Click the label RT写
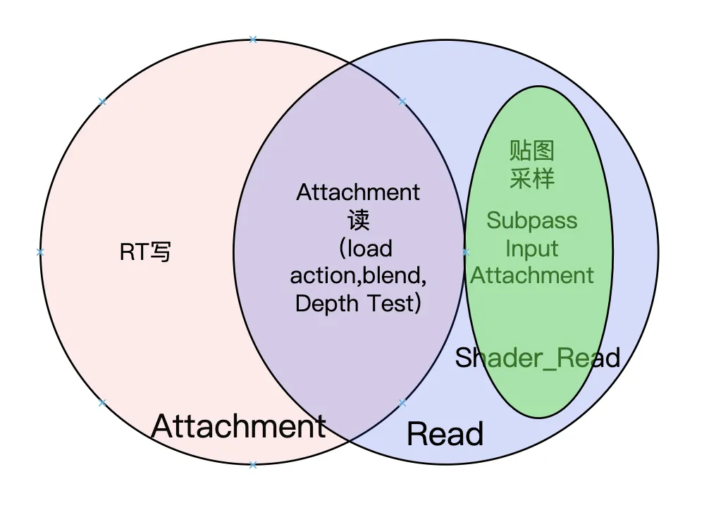tap(145, 251)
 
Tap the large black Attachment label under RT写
tap(238, 426)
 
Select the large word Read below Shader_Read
tap(445, 434)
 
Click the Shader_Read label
tap(537, 358)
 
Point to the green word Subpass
tap(532, 220)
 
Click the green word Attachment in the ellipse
tap(532, 275)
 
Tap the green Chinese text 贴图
tap(532, 150)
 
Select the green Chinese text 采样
tap(532, 178)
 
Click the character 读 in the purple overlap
tap(358, 220)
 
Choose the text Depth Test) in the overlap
tap(358, 304)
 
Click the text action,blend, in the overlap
tap(358, 275)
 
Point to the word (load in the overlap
tap(364, 248)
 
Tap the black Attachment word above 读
tap(358, 192)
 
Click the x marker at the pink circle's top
tap(253, 39)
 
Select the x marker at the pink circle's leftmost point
tap(40, 252)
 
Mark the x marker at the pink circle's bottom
tap(253, 464)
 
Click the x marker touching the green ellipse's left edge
tap(465, 252)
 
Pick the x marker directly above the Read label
tap(402, 404)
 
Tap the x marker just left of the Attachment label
tap(102, 403)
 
